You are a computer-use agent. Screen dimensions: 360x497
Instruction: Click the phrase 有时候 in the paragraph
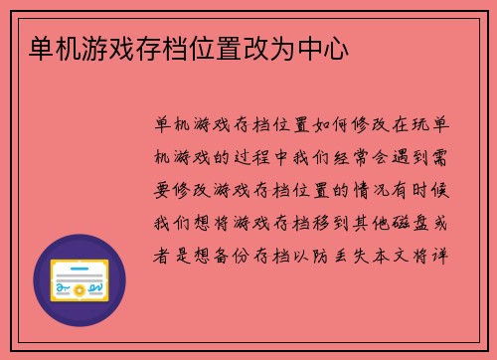pyautogui.click(x=429, y=190)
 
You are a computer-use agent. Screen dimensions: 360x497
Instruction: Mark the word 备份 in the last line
pyautogui.click(x=238, y=254)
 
